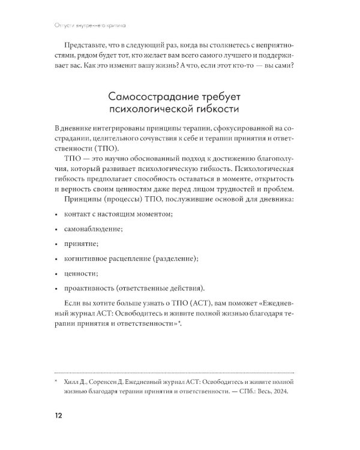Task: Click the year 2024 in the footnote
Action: (280, 391)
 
